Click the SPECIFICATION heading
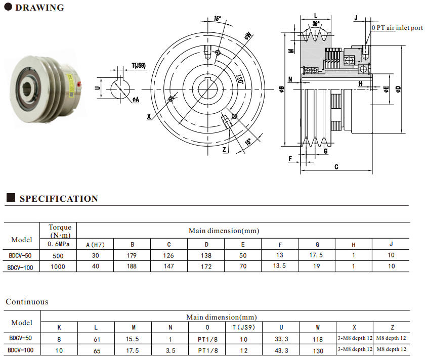59,199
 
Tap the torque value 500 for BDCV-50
58,256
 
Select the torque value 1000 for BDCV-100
58,266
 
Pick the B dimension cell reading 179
133,256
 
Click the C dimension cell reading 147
169,266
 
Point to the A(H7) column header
95,245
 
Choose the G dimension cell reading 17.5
316,256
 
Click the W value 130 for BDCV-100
318,350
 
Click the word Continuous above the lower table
27,302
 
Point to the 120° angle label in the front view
240,80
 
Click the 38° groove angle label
316,24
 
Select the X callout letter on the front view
149,116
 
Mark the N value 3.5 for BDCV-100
171,350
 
